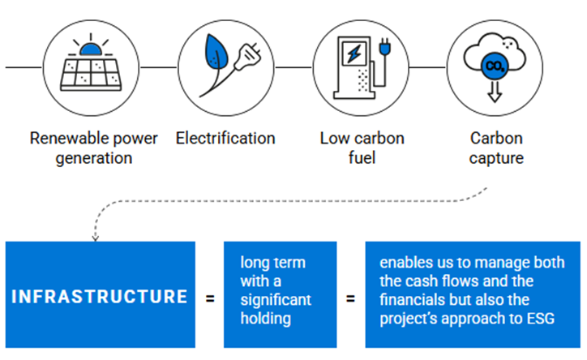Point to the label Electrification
coord(225,138)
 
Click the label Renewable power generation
coord(94,147)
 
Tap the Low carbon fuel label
coord(362,147)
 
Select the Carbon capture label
coord(495,147)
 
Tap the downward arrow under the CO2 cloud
coord(492,92)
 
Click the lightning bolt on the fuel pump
coord(354,54)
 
